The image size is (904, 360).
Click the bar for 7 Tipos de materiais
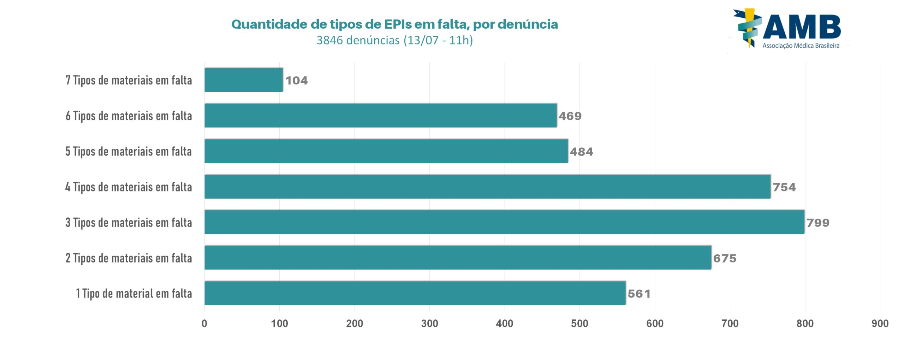tap(244, 80)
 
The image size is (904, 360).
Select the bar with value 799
tap(504, 222)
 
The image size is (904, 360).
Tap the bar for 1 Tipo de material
tap(415, 293)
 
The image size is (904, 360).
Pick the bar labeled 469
tap(381, 115)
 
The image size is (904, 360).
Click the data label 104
tap(296, 81)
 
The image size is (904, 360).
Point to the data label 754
tap(784, 187)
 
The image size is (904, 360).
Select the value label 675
tap(725, 258)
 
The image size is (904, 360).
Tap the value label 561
tap(639, 294)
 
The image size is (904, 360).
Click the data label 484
tap(581, 152)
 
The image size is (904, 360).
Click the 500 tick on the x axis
tap(579, 323)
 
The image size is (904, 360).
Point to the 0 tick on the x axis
tap(204, 323)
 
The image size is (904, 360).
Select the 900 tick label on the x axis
tap(880, 323)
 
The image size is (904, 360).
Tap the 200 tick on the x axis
tap(355, 323)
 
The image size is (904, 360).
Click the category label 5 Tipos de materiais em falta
tap(129, 151)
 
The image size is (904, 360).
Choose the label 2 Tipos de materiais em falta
tap(129, 258)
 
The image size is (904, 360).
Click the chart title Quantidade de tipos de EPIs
tap(394, 24)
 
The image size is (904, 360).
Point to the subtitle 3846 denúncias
tap(394, 40)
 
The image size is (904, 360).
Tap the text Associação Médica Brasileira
tap(801, 46)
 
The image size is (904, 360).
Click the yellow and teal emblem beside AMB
tap(747, 28)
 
